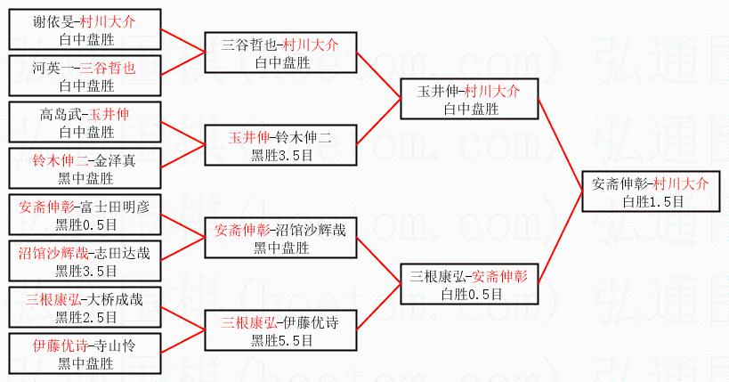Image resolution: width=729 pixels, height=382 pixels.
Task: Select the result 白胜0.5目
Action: click(x=469, y=293)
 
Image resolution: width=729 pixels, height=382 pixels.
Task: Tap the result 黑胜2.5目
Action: click(x=85, y=316)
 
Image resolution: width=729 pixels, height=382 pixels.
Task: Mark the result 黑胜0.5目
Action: click(x=85, y=224)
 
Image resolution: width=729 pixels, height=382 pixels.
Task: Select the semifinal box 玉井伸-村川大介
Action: click(x=469, y=99)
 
